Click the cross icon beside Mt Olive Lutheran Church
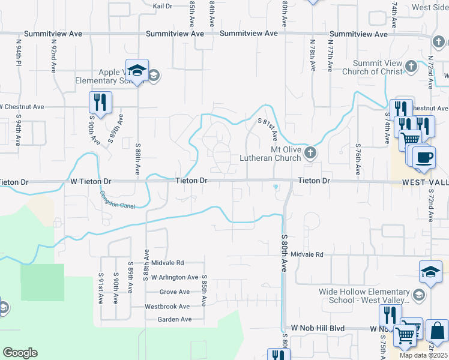coord(310,152)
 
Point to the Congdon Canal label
coord(118,200)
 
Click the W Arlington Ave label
coord(175,277)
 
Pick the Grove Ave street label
coord(175,292)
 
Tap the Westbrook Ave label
coord(168,306)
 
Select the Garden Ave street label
coord(174,319)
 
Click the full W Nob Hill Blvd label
coord(318,328)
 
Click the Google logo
coord(20,353)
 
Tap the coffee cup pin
coord(424,159)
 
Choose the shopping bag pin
coord(437,332)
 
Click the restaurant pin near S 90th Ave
coord(100,103)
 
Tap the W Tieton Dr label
coord(91,181)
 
